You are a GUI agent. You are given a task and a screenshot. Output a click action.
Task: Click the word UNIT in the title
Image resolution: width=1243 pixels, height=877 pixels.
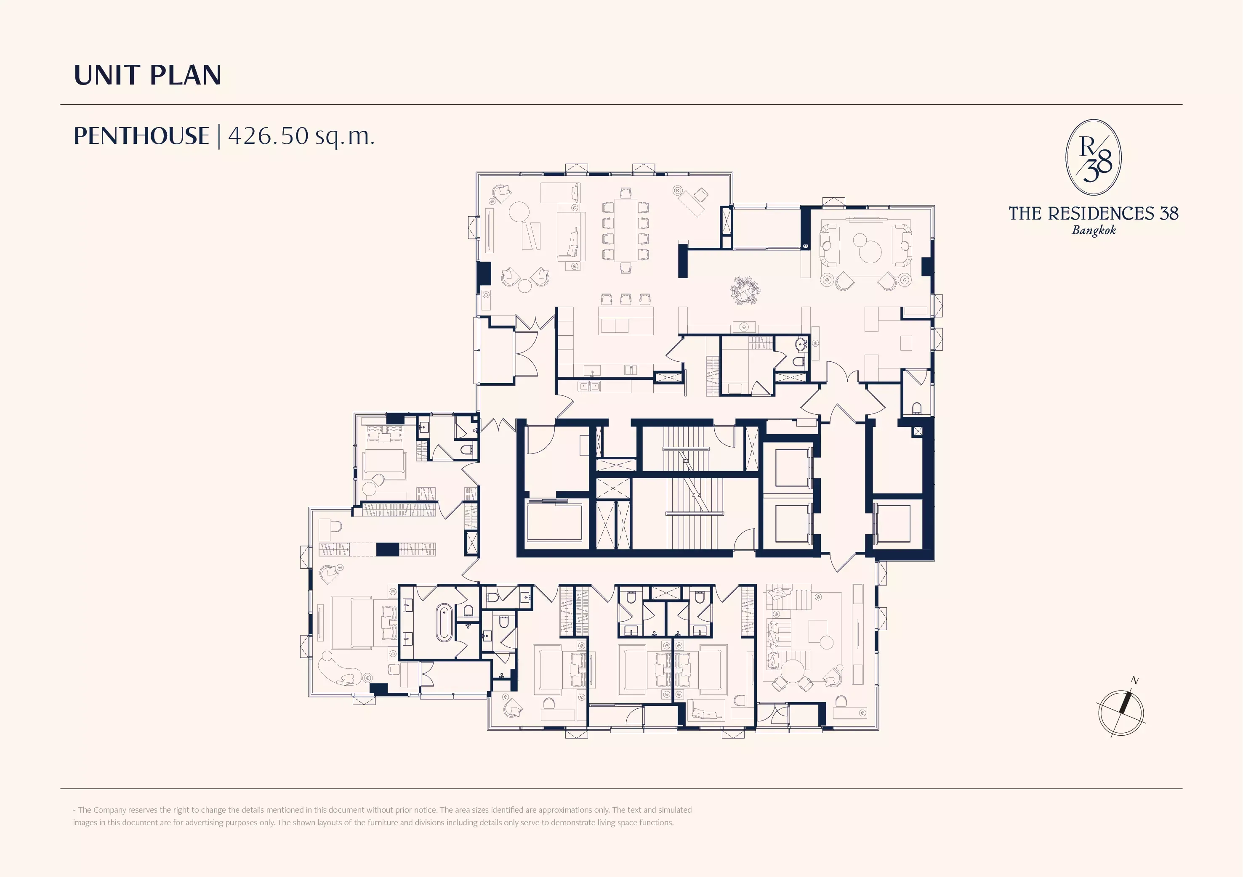(106, 75)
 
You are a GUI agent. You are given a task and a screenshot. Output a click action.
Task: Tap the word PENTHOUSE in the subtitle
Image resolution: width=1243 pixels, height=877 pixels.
(141, 136)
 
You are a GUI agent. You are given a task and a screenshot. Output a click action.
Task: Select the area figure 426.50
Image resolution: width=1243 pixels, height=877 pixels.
(269, 136)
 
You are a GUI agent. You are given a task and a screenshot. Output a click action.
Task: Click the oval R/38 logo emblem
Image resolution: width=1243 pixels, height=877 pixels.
(1093, 157)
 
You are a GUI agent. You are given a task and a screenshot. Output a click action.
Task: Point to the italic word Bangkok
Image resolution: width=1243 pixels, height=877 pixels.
(1094, 230)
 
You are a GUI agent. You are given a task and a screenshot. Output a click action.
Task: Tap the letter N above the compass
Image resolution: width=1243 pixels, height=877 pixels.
(1135, 681)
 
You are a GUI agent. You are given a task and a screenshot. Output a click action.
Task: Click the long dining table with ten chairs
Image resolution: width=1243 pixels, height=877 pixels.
(625, 231)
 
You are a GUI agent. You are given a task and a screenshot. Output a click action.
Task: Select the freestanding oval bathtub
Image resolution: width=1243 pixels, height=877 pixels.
(443, 623)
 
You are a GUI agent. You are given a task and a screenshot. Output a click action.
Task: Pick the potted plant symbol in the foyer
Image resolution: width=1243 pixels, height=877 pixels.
(745, 291)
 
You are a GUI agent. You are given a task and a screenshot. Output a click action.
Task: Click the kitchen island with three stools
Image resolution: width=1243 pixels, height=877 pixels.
(626, 320)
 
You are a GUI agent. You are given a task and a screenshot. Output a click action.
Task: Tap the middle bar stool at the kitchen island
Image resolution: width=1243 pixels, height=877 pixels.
(626, 299)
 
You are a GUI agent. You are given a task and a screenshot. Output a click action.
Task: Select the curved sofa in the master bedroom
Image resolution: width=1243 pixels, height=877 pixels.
(340, 669)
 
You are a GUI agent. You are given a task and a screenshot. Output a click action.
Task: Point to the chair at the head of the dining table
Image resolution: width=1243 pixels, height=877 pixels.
(626, 193)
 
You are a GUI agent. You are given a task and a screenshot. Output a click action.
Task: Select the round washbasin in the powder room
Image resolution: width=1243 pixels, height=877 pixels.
(801, 344)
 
